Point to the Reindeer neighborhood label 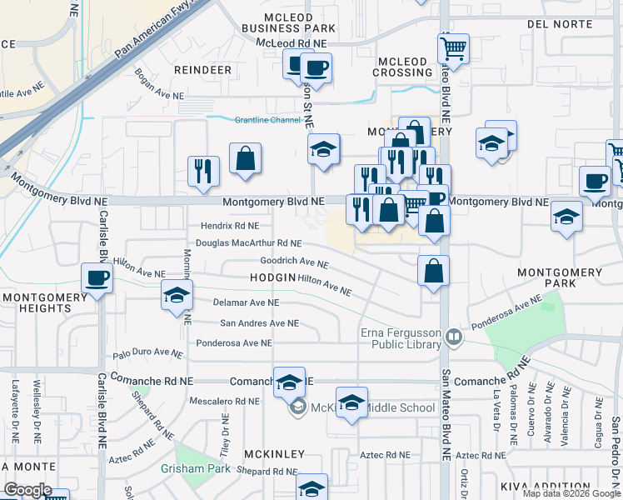(x=202, y=70)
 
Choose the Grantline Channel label (x=267, y=120)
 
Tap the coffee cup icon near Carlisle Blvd (x=97, y=277)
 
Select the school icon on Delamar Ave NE (x=177, y=296)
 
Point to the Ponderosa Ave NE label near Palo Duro (x=233, y=342)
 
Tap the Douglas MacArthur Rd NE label (x=247, y=243)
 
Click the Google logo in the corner (x=27, y=490)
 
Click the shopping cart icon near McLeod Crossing (x=453, y=49)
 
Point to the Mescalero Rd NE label (x=224, y=401)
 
